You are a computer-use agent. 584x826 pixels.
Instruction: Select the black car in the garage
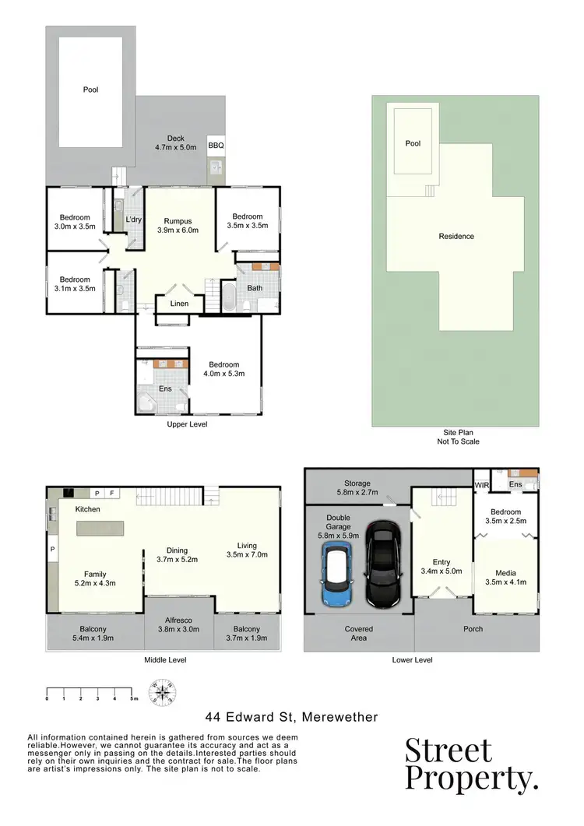(x=382, y=565)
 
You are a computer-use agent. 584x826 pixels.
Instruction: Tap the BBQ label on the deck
(x=215, y=146)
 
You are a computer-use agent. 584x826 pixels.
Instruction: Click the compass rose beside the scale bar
(x=164, y=691)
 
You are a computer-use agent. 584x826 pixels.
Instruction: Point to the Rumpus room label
(x=179, y=225)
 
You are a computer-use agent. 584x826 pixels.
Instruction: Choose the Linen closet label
(x=179, y=304)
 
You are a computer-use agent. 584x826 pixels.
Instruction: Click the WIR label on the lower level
(x=481, y=484)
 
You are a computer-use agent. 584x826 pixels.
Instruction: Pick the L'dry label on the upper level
(x=133, y=220)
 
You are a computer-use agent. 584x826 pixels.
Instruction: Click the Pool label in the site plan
(x=413, y=144)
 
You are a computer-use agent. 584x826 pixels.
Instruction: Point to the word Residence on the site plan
(x=456, y=237)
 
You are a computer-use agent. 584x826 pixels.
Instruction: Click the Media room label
(x=505, y=577)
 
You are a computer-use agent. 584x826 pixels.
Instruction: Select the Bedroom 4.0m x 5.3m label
(x=223, y=369)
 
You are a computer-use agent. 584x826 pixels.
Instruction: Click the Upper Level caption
(x=187, y=424)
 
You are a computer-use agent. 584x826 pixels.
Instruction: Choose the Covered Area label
(x=358, y=633)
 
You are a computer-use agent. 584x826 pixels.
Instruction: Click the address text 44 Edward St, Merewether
(x=291, y=715)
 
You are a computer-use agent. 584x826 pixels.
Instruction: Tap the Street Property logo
(x=470, y=763)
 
